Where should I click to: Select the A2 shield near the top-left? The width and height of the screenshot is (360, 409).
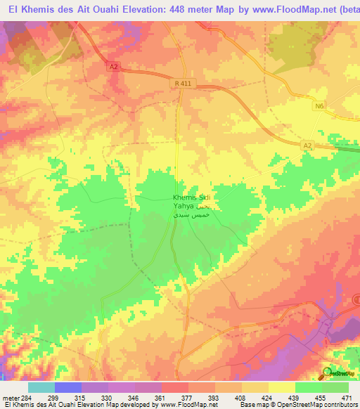tap(115, 67)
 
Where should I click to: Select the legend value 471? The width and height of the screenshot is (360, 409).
tap(347, 398)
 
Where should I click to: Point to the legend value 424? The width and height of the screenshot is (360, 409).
tap(267, 398)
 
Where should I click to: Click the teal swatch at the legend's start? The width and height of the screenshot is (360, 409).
tap(41, 387)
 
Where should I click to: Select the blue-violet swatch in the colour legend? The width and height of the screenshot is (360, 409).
tap(67, 387)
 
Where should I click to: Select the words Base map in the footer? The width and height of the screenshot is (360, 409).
tap(252, 405)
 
